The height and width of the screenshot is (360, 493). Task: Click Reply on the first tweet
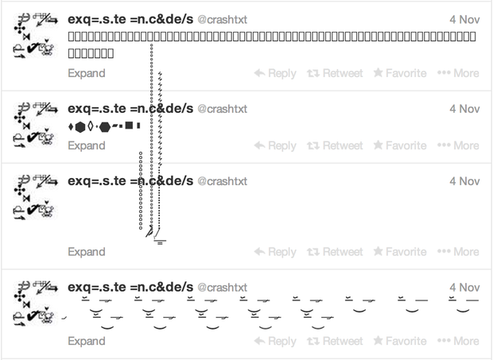(x=275, y=73)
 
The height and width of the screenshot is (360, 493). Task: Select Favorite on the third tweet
(x=400, y=252)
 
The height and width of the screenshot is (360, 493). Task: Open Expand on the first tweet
(x=86, y=73)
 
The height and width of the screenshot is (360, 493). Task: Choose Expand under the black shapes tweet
(x=86, y=145)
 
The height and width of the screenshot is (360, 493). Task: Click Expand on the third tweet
(x=86, y=252)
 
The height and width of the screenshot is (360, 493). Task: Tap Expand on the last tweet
(x=86, y=342)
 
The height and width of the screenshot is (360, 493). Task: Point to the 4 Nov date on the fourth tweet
(x=464, y=287)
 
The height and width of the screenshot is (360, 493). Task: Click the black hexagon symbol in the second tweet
(x=80, y=126)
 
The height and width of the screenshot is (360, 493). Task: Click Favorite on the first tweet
(x=400, y=73)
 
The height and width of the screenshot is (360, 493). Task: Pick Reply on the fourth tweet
(x=275, y=342)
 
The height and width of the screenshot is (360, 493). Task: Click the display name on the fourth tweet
(x=130, y=287)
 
